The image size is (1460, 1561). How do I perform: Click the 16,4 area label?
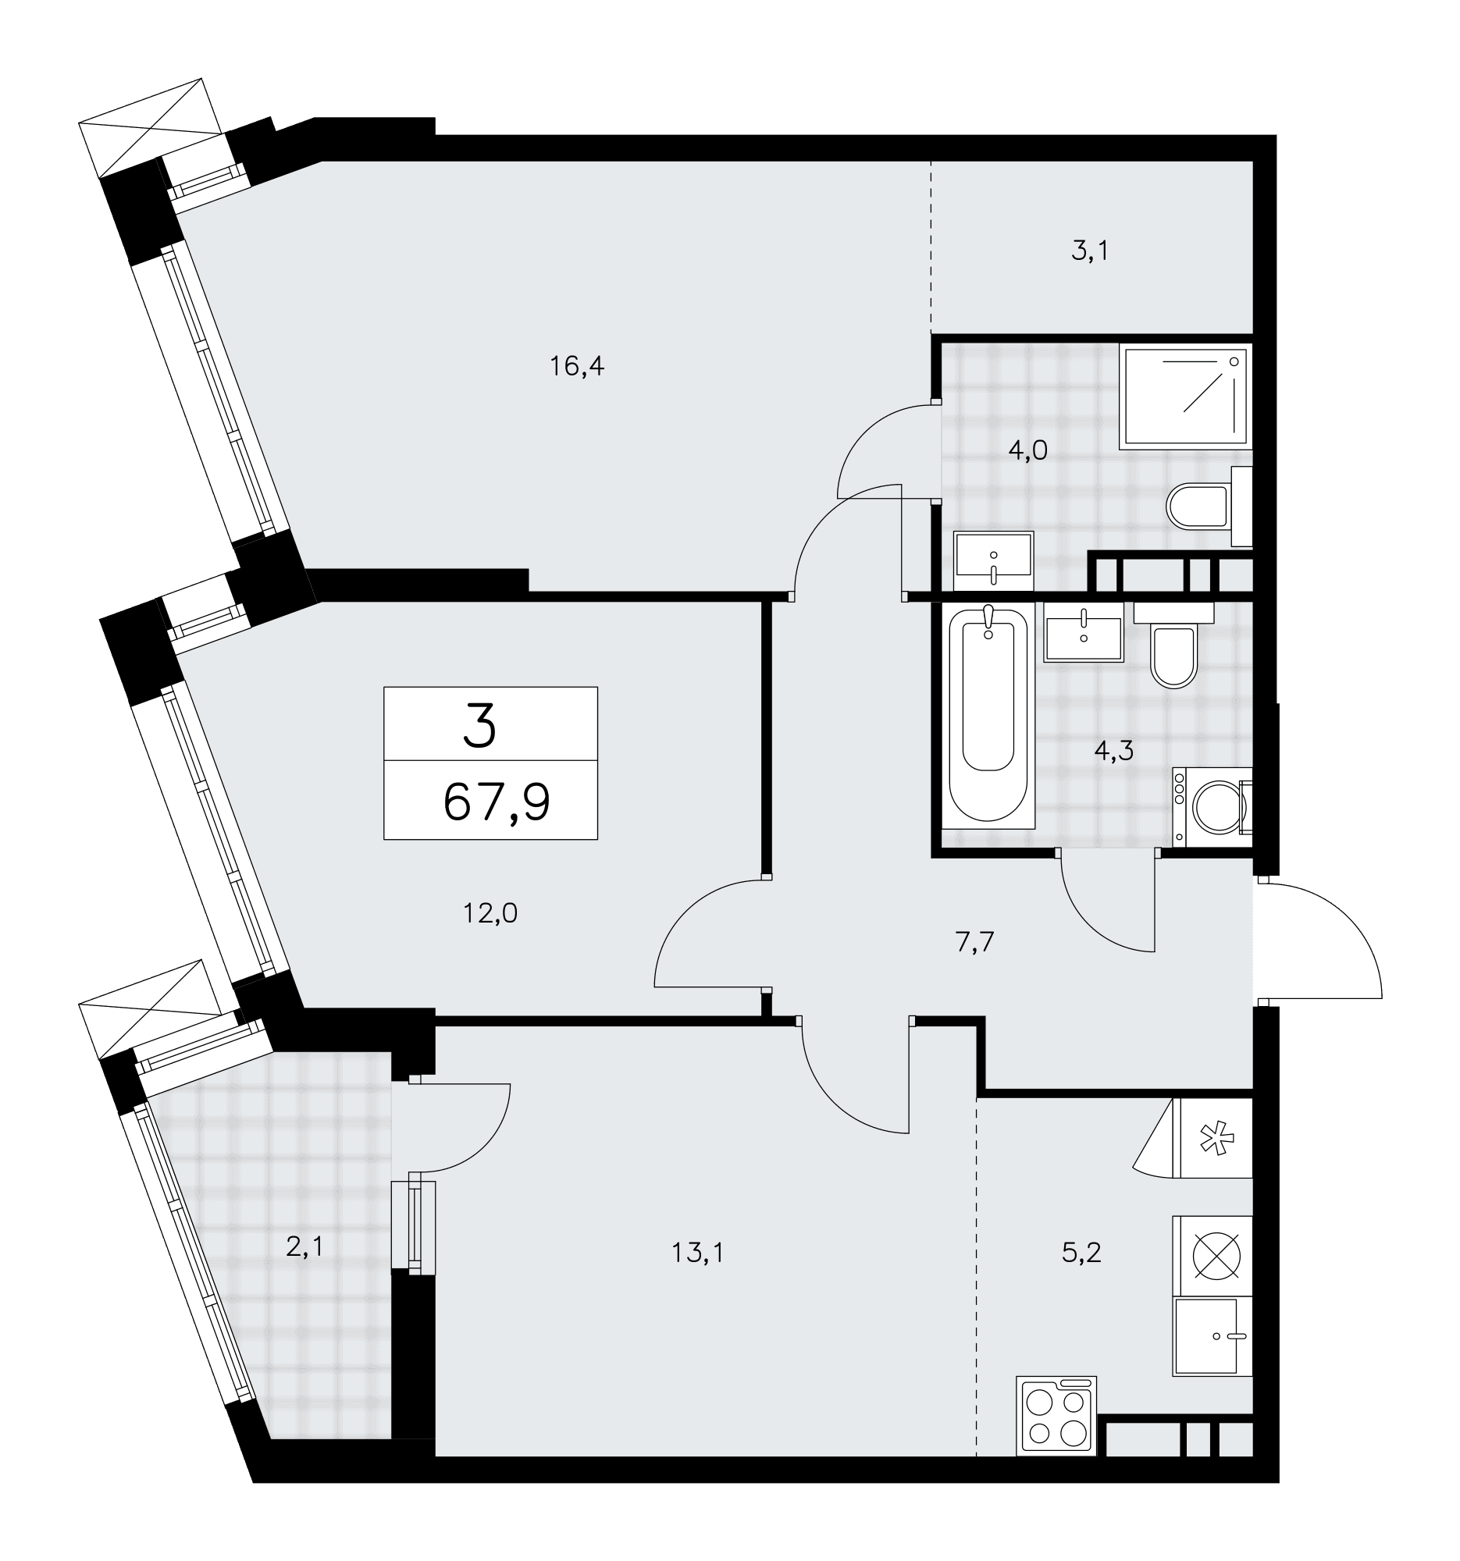[576, 366]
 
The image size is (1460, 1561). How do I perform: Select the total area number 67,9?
[497, 802]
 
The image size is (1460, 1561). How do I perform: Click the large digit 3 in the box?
[480, 725]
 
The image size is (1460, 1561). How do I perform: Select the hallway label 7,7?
[974, 941]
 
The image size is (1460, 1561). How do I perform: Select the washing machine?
[1212, 807]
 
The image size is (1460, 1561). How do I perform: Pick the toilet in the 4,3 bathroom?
[1173, 643]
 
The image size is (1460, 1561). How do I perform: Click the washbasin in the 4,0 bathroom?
[993, 560]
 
